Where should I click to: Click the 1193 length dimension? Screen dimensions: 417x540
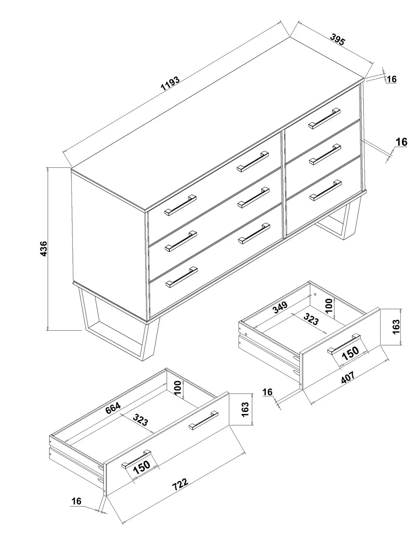click(x=170, y=84)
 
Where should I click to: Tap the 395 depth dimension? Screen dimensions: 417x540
click(x=337, y=39)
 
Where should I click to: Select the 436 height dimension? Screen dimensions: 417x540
click(x=44, y=248)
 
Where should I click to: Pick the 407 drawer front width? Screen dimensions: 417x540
click(x=348, y=377)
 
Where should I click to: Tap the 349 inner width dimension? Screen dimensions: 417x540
click(x=280, y=307)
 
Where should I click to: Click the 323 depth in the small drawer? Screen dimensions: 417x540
click(x=311, y=319)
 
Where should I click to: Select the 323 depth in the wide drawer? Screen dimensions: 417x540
click(x=140, y=419)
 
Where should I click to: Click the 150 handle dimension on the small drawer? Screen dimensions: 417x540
click(x=350, y=353)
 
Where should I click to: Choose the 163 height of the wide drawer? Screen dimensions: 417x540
click(x=245, y=409)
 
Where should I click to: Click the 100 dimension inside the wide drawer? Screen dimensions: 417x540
click(x=178, y=388)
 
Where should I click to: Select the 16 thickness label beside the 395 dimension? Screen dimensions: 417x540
click(x=392, y=79)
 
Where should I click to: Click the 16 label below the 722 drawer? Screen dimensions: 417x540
click(x=77, y=501)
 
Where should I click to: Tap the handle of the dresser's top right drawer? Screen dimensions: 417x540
click(x=324, y=118)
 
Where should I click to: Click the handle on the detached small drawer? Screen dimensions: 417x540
click(x=344, y=344)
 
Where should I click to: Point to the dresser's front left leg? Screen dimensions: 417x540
click(x=119, y=324)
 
